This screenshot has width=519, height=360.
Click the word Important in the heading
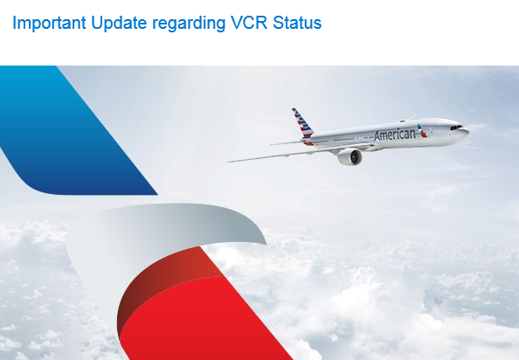[49, 24]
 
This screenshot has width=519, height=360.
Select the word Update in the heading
[119, 24]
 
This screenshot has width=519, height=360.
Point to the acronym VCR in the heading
[249, 23]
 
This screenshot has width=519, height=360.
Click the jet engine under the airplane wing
[349, 156]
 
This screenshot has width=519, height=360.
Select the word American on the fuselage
[394, 135]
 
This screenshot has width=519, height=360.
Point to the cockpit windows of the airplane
[456, 127]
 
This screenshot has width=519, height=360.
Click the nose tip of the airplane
[467, 131]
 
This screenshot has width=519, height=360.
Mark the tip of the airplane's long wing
[229, 162]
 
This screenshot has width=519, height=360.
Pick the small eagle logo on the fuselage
[422, 131]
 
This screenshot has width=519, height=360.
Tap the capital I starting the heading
[14, 23]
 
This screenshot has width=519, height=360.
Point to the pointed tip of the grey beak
[266, 244]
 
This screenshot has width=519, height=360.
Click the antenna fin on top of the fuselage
[412, 117]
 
